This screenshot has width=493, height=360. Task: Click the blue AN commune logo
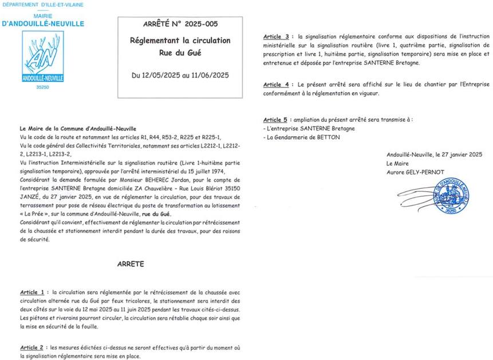pos(42,56)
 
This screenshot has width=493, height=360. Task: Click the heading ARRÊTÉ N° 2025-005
pos(180,25)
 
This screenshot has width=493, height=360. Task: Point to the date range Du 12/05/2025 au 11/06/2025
pos(180,75)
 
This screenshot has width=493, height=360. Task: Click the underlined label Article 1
pos(32,292)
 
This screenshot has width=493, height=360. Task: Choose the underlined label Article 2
pos(32,347)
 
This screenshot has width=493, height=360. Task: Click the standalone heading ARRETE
pos(131,264)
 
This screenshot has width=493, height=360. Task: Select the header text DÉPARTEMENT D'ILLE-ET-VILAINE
pos(43,5)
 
